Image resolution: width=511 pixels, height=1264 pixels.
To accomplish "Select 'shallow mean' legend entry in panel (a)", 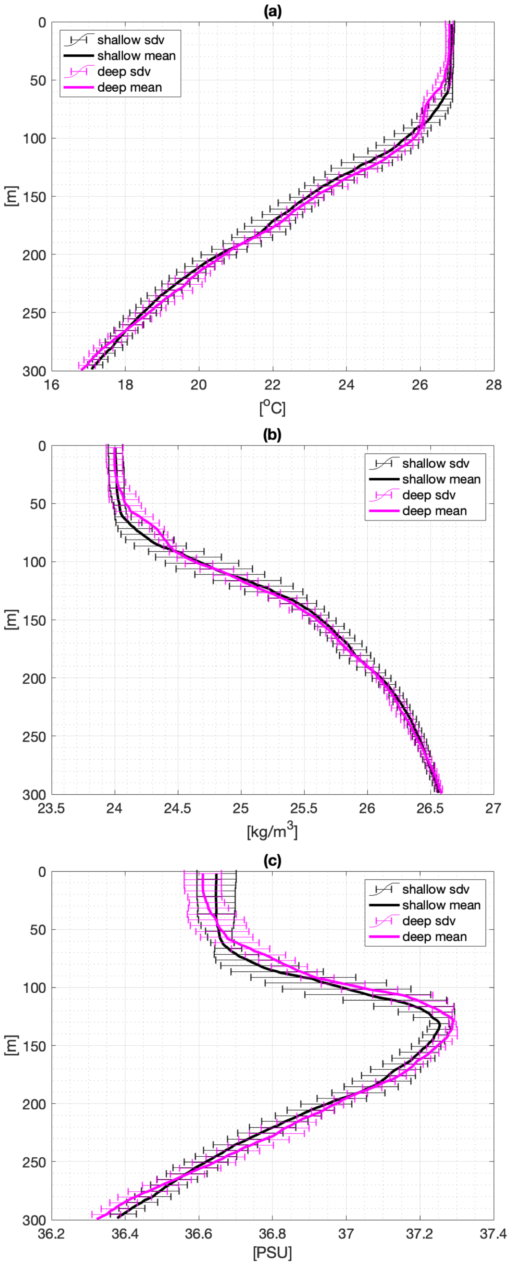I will click(136, 56).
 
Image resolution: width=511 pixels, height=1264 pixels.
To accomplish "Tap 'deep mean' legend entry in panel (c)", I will click(434, 937).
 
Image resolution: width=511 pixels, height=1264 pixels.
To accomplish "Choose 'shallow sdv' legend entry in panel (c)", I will click(435, 889).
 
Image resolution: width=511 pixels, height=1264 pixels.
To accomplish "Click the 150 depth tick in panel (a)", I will click(35, 197).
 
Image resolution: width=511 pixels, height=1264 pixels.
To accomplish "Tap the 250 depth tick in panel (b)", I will click(35, 736).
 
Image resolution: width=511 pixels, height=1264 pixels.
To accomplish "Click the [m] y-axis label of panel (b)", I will click(12, 620).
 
